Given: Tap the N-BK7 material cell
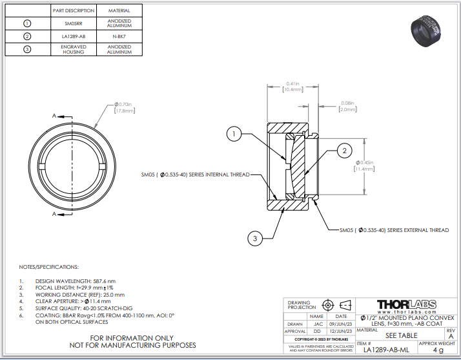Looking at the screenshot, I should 119,36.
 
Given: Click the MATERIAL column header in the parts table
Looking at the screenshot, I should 119,11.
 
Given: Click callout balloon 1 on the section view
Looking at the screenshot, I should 234,134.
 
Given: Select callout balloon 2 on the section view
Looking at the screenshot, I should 344,151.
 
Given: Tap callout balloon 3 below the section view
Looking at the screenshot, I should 255,238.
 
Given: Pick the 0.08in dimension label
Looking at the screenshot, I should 347,106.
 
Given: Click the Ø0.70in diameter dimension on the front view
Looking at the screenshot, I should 123,107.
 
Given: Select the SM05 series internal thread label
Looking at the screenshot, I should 194,175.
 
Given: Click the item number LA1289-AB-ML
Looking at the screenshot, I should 386,350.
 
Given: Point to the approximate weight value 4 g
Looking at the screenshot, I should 438,350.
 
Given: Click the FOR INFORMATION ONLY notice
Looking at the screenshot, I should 131,338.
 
